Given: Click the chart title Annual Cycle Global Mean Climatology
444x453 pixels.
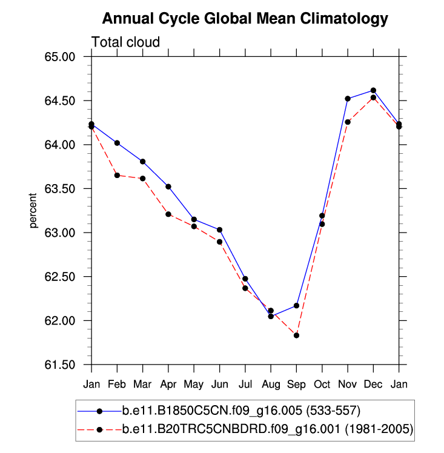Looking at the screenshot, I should (245, 19).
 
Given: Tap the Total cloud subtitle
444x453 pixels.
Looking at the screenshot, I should (125, 42).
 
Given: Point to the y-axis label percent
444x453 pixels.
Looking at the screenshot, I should (34, 211).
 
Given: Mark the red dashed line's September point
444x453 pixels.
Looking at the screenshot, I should (296, 336).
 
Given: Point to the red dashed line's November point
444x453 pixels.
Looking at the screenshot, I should (348, 122).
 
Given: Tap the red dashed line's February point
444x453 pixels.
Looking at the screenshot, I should (117, 176).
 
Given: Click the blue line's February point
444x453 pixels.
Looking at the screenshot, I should (117, 143).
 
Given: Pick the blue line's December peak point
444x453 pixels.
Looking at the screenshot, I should (373, 90).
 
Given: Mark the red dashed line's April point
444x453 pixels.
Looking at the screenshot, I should (168, 214).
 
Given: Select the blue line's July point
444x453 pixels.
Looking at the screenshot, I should (245, 279).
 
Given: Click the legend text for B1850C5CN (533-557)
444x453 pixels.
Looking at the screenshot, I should (242, 411).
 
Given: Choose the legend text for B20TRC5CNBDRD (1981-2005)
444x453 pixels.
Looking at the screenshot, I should (267, 429).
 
